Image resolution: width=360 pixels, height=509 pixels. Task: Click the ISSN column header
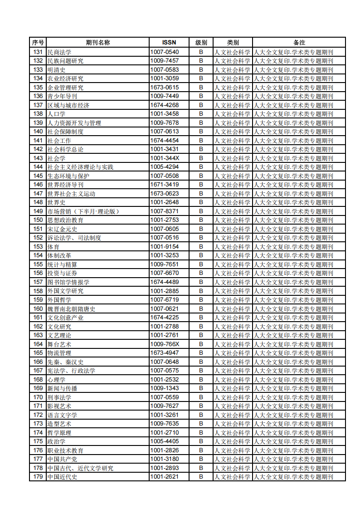click(x=169, y=43)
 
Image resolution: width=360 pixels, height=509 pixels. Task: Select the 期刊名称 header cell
click(x=98, y=43)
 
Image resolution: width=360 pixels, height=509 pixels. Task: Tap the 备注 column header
click(x=299, y=43)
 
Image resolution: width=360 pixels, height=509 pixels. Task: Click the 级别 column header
click(x=201, y=43)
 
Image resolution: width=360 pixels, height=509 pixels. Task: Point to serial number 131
click(x=38, y=52)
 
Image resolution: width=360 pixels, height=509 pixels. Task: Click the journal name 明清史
click(x=56, y=70)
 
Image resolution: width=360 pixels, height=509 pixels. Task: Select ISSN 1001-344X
click(x=164, y=158)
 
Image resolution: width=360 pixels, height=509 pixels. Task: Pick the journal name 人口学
click(x=56, y=114)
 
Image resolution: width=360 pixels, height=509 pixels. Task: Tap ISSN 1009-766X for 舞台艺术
click(x=164, y=344)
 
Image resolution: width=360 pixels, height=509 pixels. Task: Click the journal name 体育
click(x=53, y=247)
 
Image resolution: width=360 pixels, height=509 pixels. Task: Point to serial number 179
click(x=38, y=477)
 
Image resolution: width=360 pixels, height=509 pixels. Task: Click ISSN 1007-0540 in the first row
click(x=164, y=52)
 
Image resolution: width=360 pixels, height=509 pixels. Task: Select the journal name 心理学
click(x=56, y=380)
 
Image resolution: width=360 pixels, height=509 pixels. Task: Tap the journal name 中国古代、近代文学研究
click(x=80, y=468)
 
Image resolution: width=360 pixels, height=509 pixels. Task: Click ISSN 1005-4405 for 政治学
click(x=164, y=441)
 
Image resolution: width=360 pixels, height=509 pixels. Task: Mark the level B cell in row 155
click(x=201, y=264)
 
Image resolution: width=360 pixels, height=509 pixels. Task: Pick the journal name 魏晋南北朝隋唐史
click(x=71, y=309)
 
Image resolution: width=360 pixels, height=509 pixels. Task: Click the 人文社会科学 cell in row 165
click(x=232, y=353)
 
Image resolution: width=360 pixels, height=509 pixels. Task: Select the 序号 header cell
click(x=38, y=43)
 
